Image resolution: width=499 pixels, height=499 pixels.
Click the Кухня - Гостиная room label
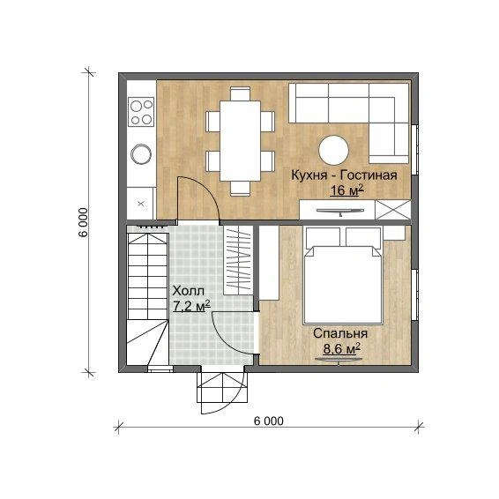345,175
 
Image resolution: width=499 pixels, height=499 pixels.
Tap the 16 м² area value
346,190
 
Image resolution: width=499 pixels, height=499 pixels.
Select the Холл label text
188,291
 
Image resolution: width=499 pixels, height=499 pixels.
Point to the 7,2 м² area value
191,306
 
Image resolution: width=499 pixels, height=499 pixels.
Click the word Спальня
340,333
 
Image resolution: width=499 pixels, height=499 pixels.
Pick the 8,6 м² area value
342,348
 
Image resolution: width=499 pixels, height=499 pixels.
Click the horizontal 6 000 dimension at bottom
269,421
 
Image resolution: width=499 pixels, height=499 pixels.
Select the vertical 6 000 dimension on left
83,222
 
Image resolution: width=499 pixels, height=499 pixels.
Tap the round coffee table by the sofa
333,150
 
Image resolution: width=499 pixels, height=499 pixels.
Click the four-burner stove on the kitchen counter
141,111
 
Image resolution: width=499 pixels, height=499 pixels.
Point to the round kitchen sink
141,154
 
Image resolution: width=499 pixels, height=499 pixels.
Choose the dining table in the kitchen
241,141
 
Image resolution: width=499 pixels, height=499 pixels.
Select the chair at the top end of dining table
241,93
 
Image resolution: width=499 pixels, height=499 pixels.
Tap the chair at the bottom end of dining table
241,188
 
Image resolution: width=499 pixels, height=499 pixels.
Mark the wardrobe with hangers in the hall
238,260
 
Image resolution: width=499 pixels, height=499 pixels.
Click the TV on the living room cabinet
340,212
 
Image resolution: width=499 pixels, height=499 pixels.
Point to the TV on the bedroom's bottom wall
339,360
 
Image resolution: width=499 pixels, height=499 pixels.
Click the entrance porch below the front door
222,387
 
